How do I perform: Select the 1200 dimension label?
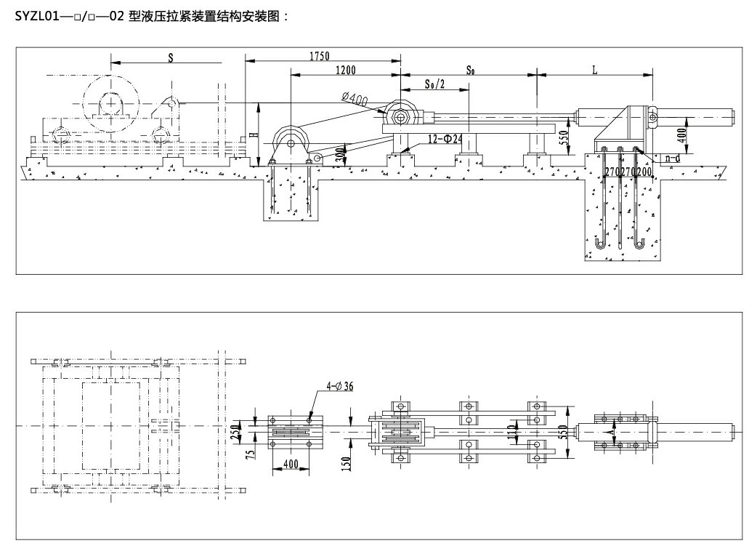(x=346, y=71)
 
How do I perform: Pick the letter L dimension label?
(x=594, y=71)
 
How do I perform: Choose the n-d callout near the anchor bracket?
(x=672, y=158)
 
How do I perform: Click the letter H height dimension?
(x=252, y=133)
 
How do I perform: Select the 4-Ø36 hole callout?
(x=339, y=386)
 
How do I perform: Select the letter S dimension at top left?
(x=171, y=57)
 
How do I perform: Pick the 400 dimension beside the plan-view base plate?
(x=291, y=463)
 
